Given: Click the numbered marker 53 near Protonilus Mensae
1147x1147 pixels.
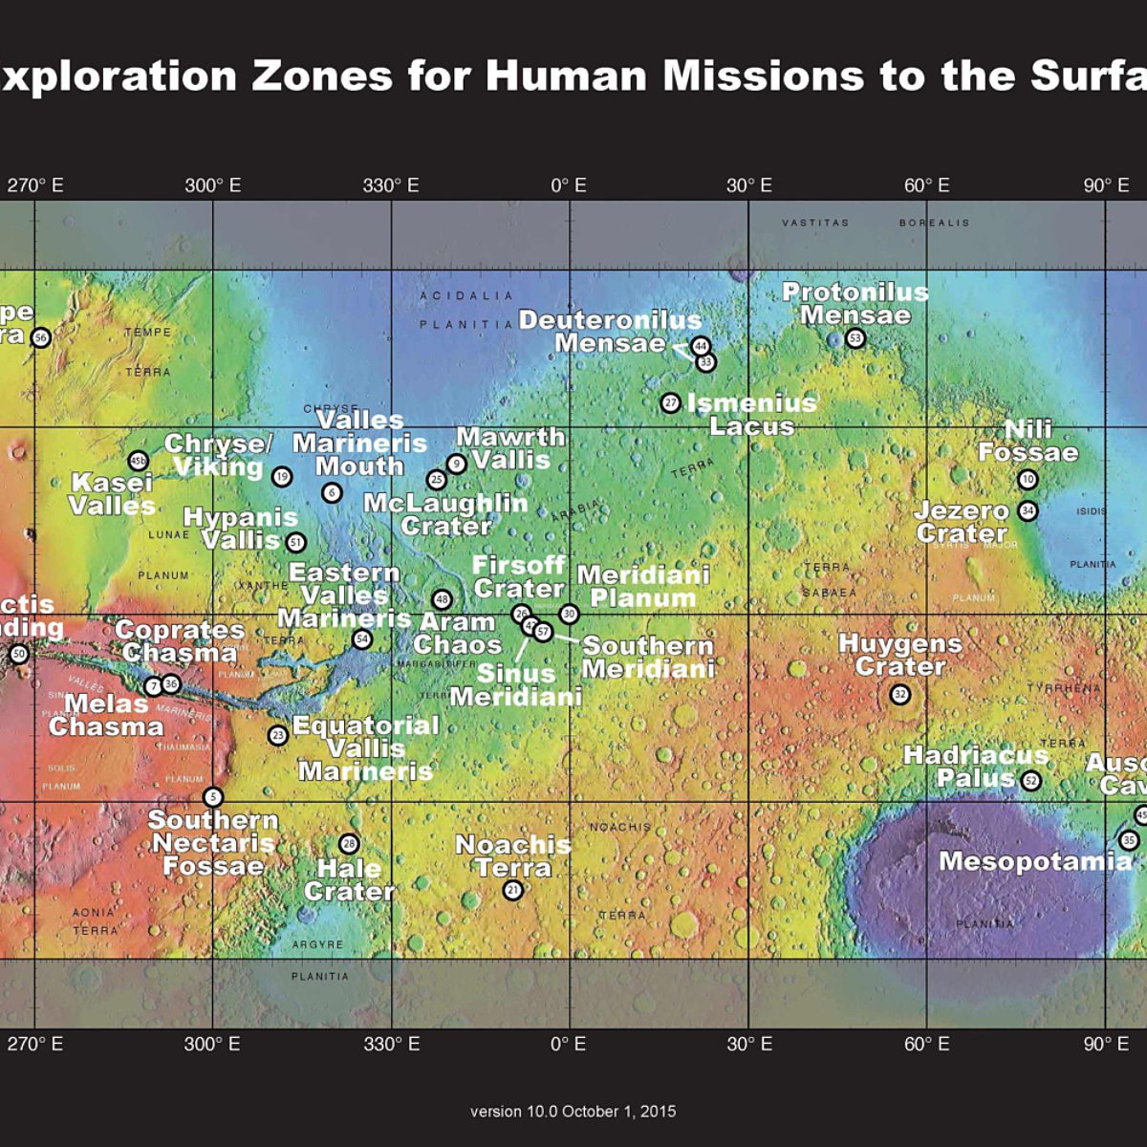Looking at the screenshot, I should (x=855, y=338).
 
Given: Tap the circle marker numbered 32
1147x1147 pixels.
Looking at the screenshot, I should (x=899, y=695).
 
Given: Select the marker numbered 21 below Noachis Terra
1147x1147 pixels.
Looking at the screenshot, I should (x=513, y=890).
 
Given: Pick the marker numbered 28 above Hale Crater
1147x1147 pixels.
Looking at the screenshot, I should (x=349, y=844).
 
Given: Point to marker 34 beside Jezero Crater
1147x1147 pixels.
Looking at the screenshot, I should (x=1028, y=510).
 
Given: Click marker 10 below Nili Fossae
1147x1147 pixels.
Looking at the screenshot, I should (x=1028, y=479).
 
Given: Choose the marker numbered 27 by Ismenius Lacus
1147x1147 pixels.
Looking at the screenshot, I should (x=671, y=403).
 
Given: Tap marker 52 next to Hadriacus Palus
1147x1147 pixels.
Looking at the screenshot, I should (x=1030, y=781).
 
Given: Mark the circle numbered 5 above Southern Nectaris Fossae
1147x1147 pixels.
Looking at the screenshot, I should (x=213, y=797).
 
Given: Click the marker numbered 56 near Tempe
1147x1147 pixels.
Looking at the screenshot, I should (x=40, y=337).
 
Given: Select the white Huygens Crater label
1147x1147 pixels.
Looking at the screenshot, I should (x=899, y=655).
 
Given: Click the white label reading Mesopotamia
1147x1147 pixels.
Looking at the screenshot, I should (x=1034, y=861).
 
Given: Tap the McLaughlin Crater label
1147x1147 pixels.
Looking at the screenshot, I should (x=445, y=514).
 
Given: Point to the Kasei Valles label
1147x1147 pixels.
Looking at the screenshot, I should (x=113, y=494).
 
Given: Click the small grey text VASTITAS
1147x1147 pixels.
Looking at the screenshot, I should (x=815, y=223).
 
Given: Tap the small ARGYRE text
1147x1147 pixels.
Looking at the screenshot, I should (x=317, y=944).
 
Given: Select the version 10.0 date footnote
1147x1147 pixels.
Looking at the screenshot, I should (x=573, y=1112).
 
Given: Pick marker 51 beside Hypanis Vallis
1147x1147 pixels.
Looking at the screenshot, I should (x=296, y=543).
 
